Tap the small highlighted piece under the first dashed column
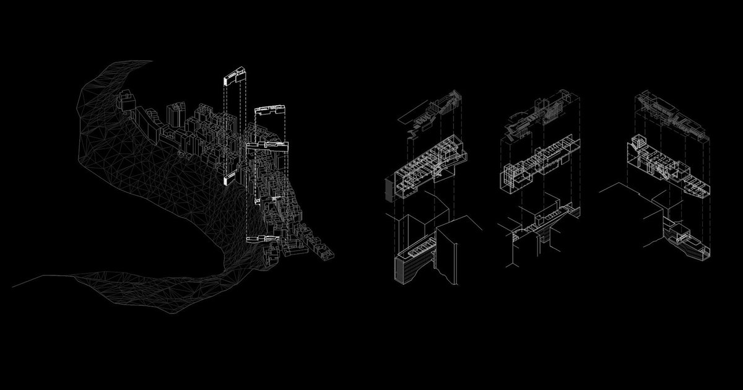[x=225, y=180]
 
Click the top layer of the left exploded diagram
[x=433, y=111]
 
